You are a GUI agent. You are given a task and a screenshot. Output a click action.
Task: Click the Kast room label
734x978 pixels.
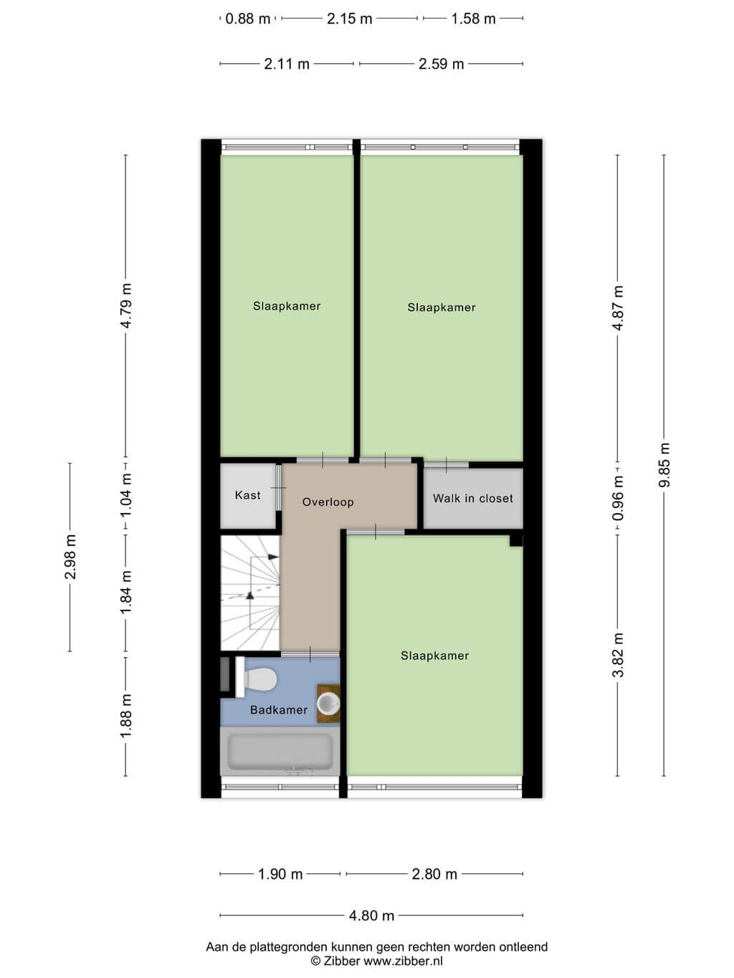pos(247,495)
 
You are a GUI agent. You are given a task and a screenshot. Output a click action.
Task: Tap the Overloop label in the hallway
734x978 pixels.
pos(328,502)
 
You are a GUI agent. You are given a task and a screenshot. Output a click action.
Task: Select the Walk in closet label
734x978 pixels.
pos(473,498)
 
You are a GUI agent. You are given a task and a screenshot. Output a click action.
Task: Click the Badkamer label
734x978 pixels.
pos(279,710)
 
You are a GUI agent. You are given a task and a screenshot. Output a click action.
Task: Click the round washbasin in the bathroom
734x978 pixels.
pos(328,704)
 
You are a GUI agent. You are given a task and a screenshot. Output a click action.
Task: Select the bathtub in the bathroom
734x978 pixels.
pos(280,752)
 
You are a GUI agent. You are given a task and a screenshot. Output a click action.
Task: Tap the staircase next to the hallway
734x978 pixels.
pos(250,593)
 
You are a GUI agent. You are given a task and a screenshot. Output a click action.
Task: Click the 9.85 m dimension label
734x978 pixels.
pos(664,465)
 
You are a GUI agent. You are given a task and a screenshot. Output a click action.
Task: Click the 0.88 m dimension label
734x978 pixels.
pos(247,19)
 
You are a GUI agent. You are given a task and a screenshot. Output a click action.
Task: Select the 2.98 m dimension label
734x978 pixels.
pos(70,557)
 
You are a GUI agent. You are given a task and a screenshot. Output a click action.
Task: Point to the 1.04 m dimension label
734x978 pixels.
pos(126,494)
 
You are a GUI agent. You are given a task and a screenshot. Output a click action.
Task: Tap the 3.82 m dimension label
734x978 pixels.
pos(618,655)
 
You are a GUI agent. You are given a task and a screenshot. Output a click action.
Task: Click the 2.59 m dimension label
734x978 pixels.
pos(441,64)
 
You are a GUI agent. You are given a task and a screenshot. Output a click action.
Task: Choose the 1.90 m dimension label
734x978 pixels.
pos(280,874)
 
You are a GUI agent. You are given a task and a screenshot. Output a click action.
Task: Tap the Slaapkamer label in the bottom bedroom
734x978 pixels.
pos(434,656)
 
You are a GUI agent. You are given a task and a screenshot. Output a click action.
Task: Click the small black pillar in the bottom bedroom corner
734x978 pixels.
pos(516,540)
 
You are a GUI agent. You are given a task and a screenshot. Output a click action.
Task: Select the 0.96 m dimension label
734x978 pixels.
pos(618,498)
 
